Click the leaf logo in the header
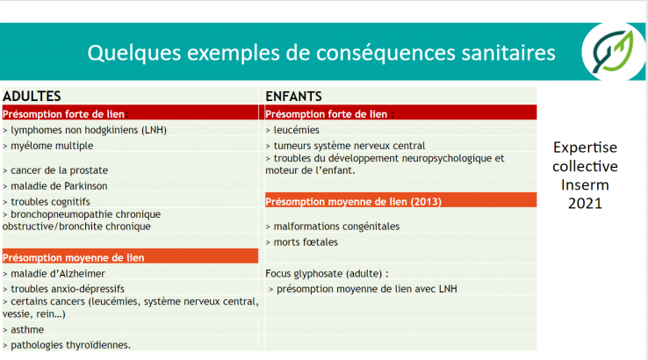coord(613,51)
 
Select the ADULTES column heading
coord(32,97)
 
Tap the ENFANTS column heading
coord(293,97)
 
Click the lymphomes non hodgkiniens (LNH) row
coord(84,130)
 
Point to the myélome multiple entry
coord(48,146)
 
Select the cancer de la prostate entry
coord(55,170)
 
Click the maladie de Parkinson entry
coord(55,186)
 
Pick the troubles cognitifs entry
coord(47,202)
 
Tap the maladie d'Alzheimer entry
coord(54,274)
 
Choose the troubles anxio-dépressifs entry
coord(63,289)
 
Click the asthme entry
coord(23,330)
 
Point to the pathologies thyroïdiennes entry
coord(67,345)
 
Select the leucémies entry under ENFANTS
coord(292,130)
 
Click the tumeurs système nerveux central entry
coord(345,146)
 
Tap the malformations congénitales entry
coord(333,227)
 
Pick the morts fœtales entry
coord(302,242)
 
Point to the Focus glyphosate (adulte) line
coord(327,274)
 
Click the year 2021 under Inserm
coord(585,204)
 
